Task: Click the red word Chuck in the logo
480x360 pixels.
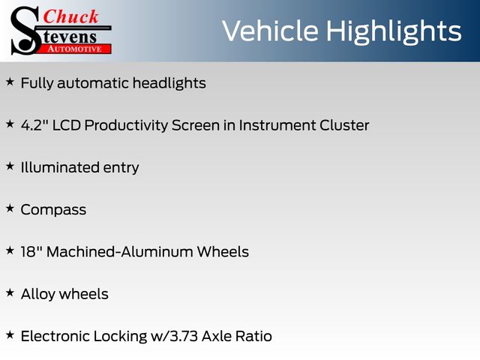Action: (x=70, y=16)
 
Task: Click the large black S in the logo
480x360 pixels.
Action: (x=25, y=31)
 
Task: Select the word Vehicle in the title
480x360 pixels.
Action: (x=270, y=31)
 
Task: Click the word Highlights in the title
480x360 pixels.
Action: (x=393, y=31)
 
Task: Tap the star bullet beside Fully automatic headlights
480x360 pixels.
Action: (x=10, y=82)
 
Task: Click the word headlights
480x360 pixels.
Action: (x=169, y=83)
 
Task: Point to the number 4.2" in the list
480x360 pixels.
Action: (x=34, y=125)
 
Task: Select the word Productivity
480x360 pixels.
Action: (x=126, y=125)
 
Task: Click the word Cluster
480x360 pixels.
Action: (x=344, y=125)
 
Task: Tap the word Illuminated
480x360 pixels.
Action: (x=60, y=167)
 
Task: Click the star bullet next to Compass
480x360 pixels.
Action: (x=10, y=208)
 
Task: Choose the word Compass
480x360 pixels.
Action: (x=53, y=210)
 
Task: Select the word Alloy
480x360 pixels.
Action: (x=38, y=295)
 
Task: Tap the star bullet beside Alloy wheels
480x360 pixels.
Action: (x=10, y=292)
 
